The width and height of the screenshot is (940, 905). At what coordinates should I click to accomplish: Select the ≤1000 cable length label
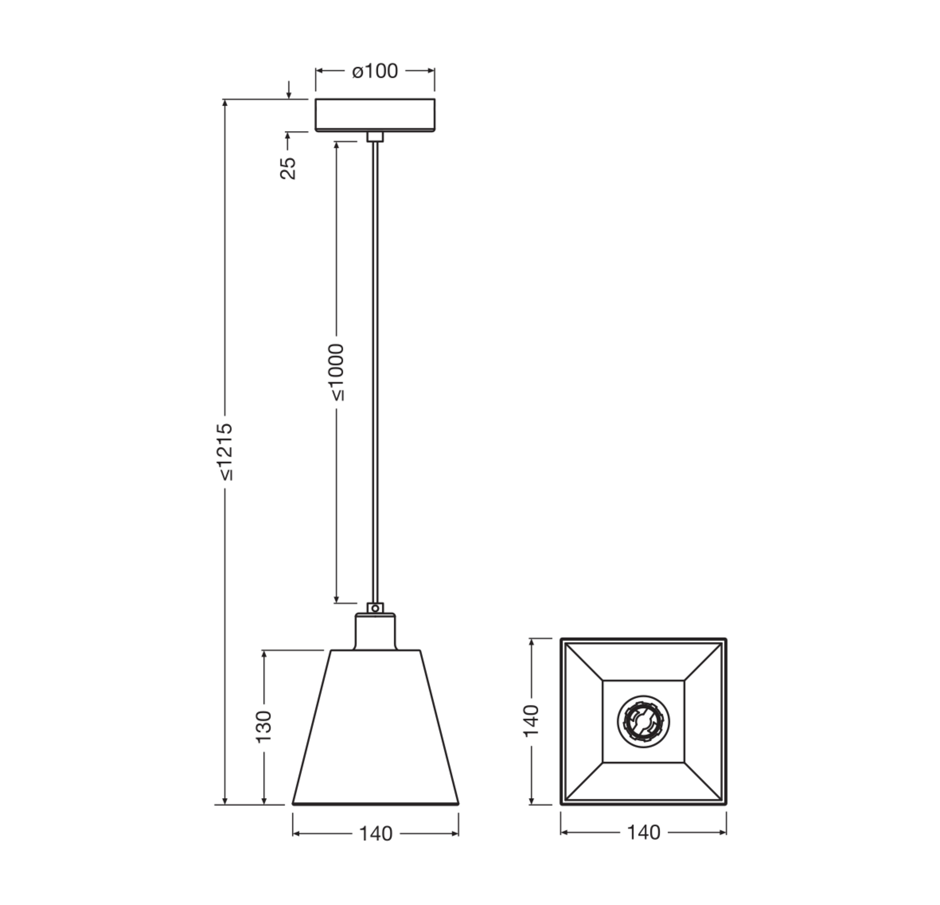[x=336, y=372]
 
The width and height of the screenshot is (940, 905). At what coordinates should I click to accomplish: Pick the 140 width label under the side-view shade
[x=375, y=834]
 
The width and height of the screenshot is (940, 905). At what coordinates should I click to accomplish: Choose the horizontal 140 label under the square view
[x=643, y=833]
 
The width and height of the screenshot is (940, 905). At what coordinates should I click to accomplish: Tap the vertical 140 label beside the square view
[x=531, y=721]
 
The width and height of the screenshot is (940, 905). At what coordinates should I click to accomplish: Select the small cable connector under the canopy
[x=375, y=137]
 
